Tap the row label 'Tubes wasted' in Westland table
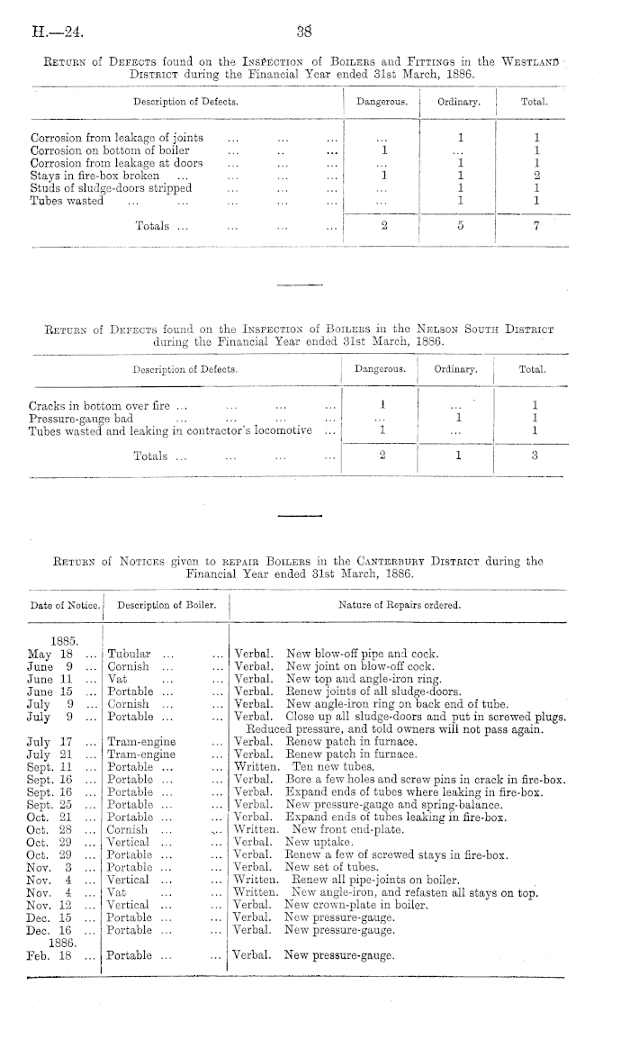(x=67, y=202)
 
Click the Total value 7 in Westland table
(x=535, y=226)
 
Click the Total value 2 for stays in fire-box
(x=535, y=176)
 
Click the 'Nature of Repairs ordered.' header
(x=399, y=604)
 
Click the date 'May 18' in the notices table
(x=49, y=653)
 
